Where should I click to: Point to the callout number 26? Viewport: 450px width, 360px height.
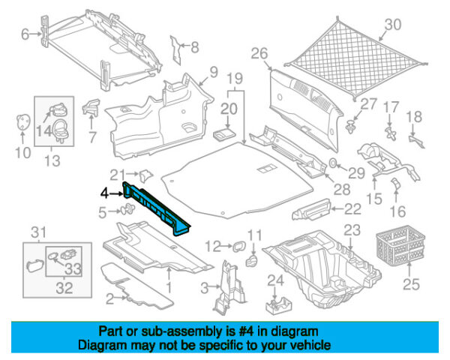259,53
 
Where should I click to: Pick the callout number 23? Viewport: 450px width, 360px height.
352,229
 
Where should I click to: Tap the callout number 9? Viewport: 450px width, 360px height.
213,72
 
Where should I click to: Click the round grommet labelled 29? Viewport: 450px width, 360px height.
334,163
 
